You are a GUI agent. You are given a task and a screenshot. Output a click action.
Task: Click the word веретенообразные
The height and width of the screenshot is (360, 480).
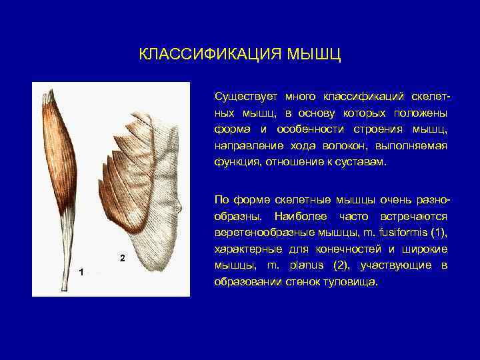tap(259, 233)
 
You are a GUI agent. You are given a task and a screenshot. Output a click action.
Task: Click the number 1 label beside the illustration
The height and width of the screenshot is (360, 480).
tap(80, 272)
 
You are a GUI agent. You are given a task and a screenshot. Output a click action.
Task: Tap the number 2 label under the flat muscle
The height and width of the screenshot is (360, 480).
tap(121, 257)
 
